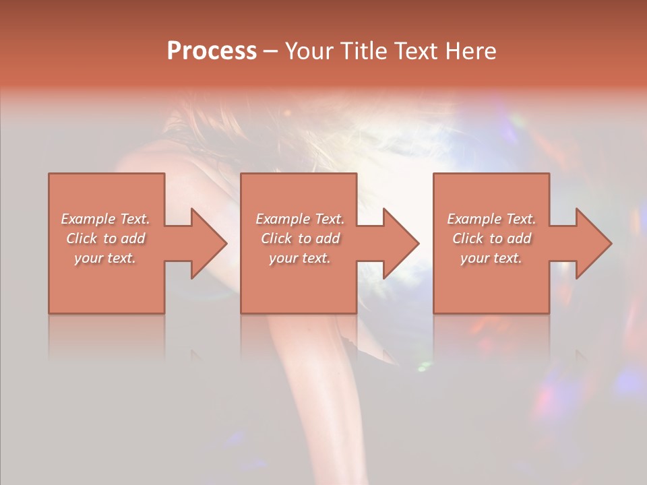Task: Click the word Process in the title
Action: (212, 51)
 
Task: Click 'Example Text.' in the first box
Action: (105, 219)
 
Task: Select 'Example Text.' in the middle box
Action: (299, 219)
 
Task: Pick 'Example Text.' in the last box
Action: (491, 219)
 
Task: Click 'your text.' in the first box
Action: (105, 258)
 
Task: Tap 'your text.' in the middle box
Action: (299, 258)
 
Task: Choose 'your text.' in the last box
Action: (491, 258)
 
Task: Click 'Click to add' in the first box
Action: (105, 238)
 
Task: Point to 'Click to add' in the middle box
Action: (299, 238)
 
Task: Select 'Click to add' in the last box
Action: (491, 238)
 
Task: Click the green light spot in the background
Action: (424, 366)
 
